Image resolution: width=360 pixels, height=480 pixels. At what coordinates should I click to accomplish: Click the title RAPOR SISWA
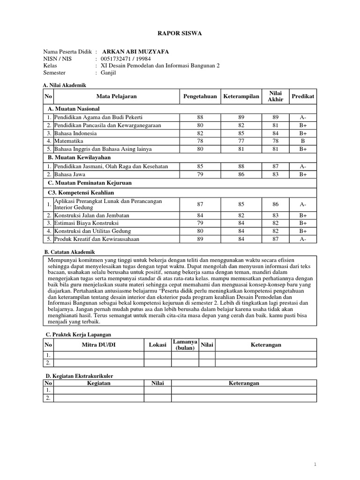(x=180, y=33)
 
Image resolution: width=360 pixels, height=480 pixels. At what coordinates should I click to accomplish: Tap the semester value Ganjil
(x=108, y=73)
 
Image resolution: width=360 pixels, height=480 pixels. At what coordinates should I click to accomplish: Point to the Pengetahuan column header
(x=200, y=96)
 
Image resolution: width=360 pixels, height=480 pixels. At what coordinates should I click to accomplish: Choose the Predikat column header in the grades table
(x=303, y=96)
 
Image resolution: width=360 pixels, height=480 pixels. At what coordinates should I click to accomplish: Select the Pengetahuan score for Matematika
(x=200, y=141)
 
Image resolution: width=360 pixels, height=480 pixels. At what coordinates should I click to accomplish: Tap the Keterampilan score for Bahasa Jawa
(x=241, y=174)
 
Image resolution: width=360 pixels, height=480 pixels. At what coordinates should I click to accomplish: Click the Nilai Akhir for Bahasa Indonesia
(x=275, y=133)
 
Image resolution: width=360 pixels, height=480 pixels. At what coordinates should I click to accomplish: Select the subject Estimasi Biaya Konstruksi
(x=86, y=223)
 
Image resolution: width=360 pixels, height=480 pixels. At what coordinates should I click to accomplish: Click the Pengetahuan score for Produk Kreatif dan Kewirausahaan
(x=200, y=239)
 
